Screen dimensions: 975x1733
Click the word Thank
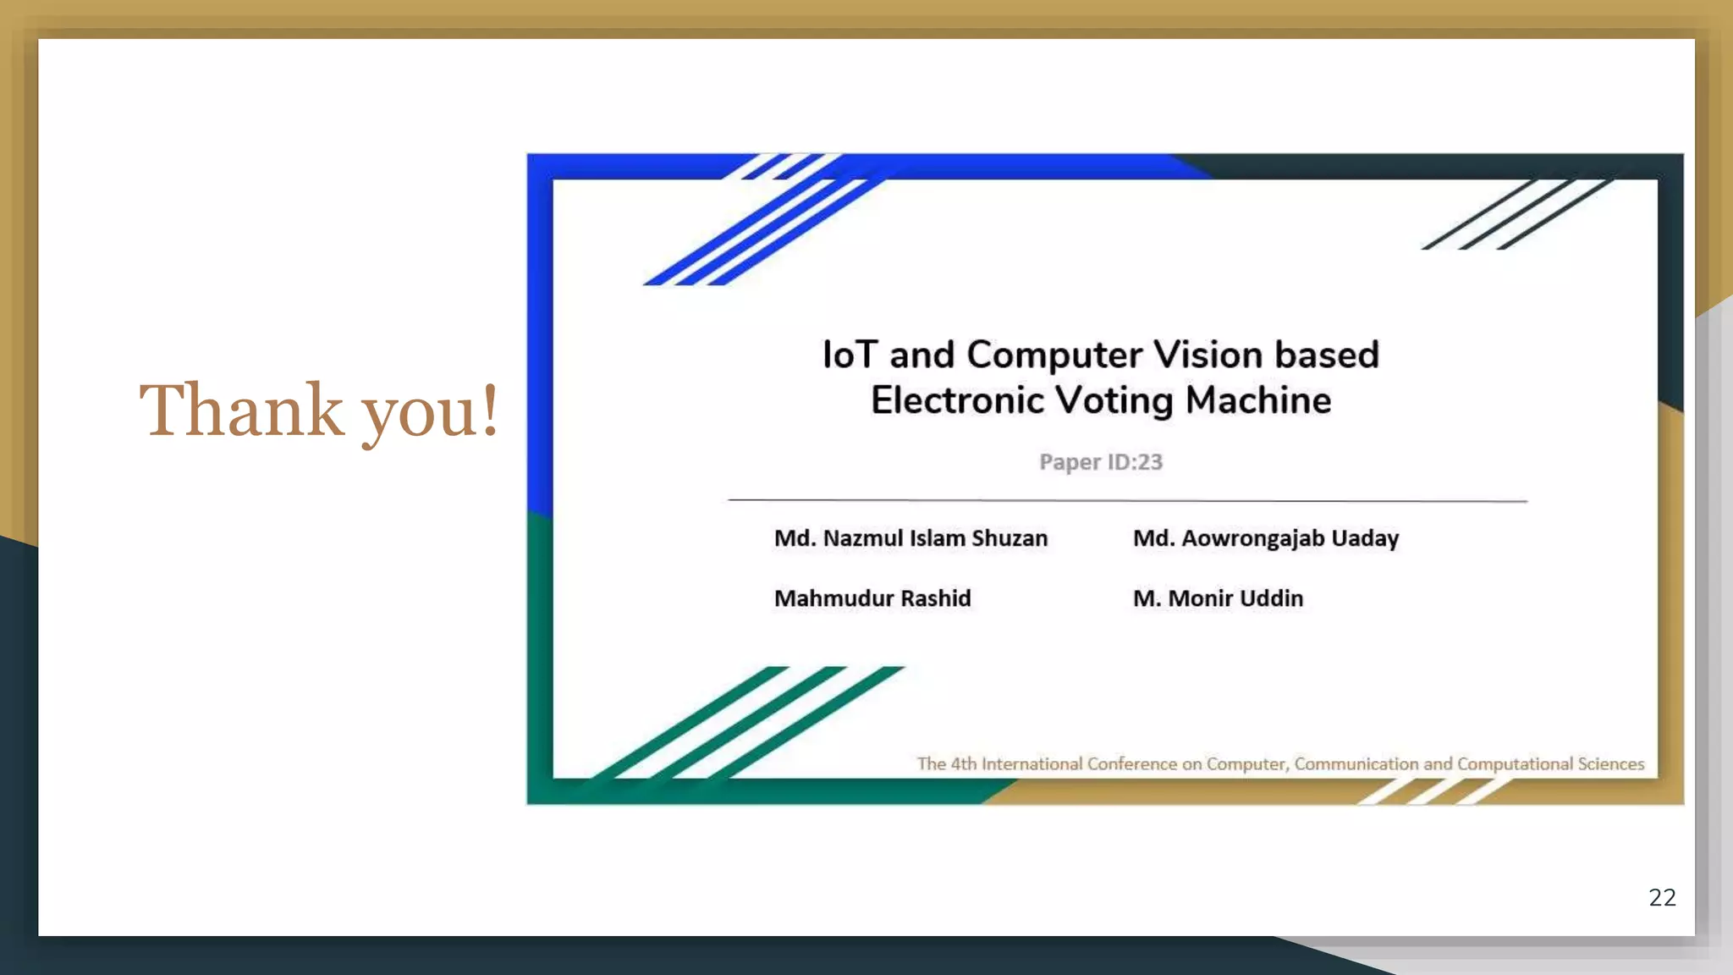coord(241,410)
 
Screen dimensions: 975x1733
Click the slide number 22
coord(1662,897)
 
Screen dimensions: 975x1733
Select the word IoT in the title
coord(850,355)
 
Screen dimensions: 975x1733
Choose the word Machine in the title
coord(1258,400)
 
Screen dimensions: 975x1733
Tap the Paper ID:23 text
coord(1101,462)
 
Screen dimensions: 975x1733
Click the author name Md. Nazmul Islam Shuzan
coord(911,538)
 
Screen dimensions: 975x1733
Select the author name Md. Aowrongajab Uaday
coord(1266,538)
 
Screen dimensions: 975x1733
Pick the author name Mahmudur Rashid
coord(872,598)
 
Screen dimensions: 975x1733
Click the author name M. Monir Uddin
coord(1218,598)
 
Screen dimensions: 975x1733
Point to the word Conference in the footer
coord(1132,763)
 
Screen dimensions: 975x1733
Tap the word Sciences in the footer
coord(1610,763)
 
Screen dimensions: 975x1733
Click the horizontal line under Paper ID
coord(1127,500)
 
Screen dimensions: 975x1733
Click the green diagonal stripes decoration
coord(745,724)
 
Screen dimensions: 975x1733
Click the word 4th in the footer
coord(963,763)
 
